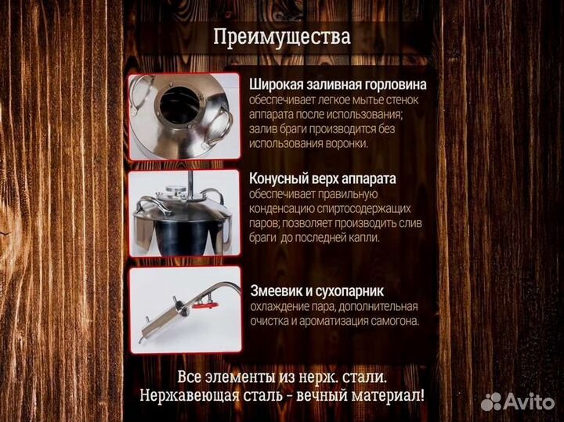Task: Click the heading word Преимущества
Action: tap(281, 38)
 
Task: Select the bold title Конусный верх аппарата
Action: tap(323, 179)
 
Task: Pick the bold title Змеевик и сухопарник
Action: tap(313, 290)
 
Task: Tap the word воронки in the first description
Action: tap(346, 144)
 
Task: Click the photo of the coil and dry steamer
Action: tap(184, 309)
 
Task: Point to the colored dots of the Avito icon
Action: tap(491, 402)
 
